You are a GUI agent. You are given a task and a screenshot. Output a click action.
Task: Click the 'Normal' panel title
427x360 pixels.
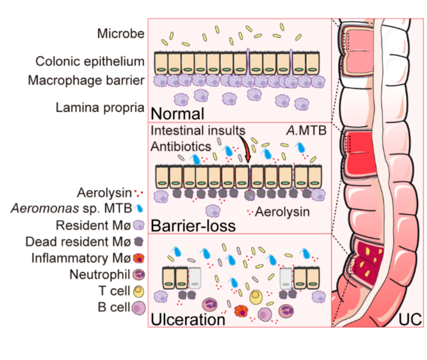coord(178,114)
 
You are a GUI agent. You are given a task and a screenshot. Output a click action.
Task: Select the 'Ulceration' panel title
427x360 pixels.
coord(187,319)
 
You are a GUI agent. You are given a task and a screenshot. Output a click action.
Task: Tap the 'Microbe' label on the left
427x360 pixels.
coord(120,34)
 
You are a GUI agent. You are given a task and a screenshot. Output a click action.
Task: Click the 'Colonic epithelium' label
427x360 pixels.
coord(90,61)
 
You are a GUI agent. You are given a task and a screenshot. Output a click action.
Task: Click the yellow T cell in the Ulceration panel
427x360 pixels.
coord(257,295)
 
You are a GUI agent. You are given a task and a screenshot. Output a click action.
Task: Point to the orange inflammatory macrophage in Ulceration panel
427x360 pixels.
coord(241,311)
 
